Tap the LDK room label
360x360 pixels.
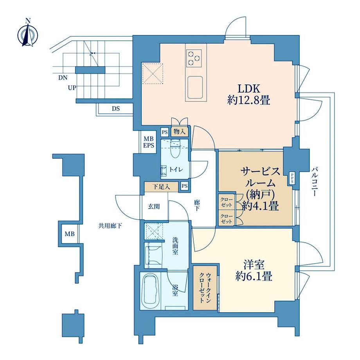point(249,94)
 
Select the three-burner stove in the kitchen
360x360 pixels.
point(194,58)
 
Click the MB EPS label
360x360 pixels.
point(148,142)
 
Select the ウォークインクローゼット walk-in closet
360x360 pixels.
point(204,289)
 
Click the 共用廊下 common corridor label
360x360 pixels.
point(110,225)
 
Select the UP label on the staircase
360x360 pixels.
point(72,88)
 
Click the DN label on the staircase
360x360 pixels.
point(63,77)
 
